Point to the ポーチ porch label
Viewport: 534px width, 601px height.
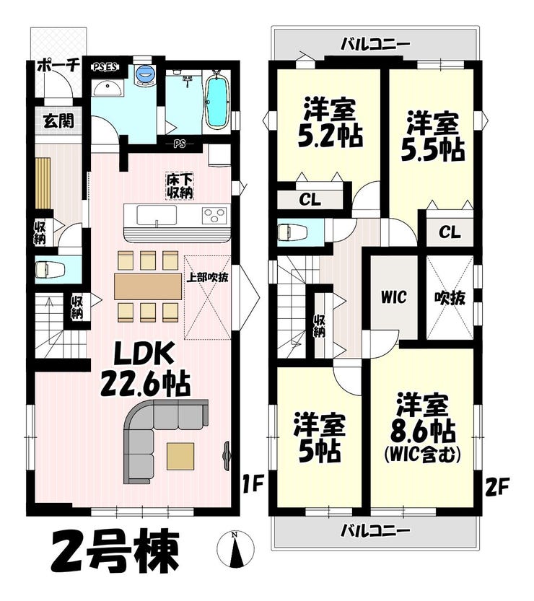(x=58, y=65)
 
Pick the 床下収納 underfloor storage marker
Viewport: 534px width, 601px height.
(x=179, y=186)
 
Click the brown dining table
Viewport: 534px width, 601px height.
(x=148, y=286)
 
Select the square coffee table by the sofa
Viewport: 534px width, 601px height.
(x=180, y=456)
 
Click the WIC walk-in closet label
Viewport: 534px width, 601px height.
(x=394, y=297)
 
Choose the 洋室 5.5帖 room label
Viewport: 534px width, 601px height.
(x=433, y=136)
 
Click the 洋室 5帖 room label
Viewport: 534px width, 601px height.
(x=320, y=437)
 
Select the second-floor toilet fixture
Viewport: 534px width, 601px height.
(x=290, y=232)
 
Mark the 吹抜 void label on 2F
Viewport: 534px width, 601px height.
(x=450, y=298)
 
